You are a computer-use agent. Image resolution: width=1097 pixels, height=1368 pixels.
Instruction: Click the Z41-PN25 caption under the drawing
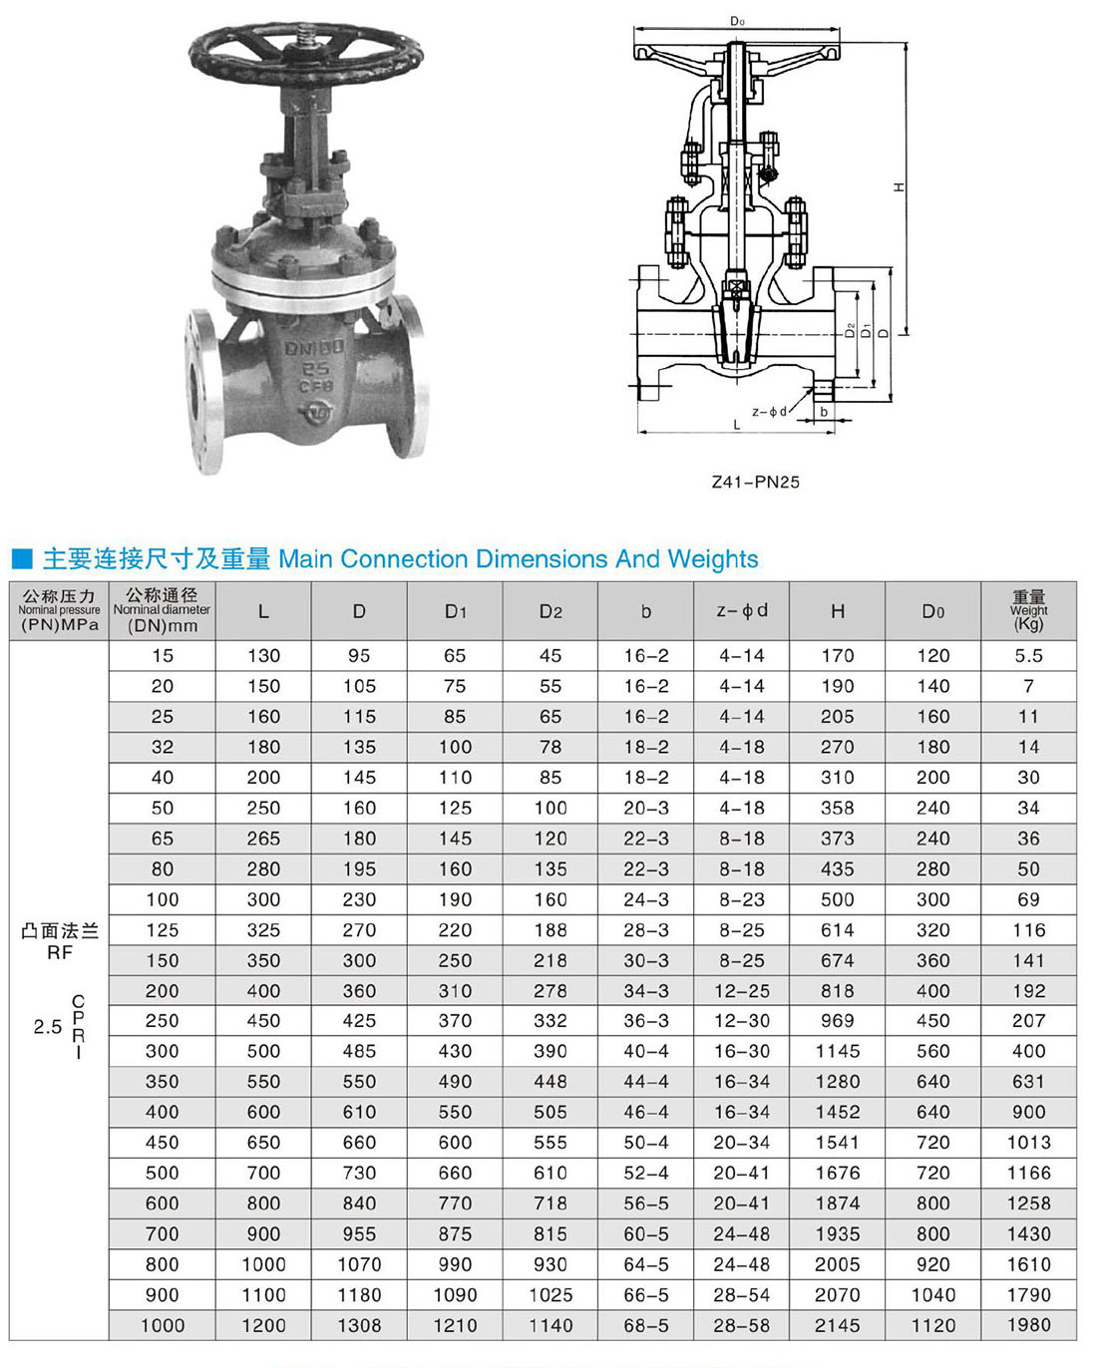pyautogui.click(x=756, y=482)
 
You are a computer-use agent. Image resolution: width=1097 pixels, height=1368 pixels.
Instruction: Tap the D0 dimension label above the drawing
pyautogui.click(x=737, y=22)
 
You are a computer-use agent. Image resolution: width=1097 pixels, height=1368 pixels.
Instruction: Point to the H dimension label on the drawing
pyautogui.click(x=899, y=186)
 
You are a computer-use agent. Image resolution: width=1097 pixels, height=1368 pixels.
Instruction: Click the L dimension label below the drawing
pyautogui.click(x=736, y=425)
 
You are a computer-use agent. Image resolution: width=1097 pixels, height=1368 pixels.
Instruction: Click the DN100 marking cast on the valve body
pyautogui.click(x=314, y=348)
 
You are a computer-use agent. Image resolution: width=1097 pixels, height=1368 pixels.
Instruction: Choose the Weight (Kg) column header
pyautogui.click(x=1028, y=610)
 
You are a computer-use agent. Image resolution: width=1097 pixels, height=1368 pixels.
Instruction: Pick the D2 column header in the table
pyautogui.click(x=550, y=611)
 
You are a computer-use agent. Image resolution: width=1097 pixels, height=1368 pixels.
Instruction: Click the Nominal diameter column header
pyautogui.click(x=163, y=611)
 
